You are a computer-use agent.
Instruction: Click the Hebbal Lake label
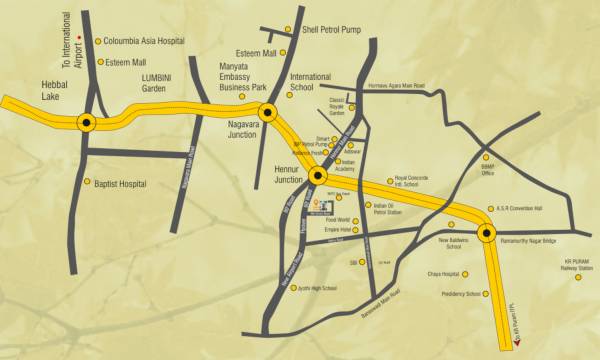pyautogui.click(x=54, y=91)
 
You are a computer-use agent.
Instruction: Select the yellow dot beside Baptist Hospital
pyautogui.click(x=87, y=182)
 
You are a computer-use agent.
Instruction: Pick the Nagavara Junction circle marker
pyautogui.click(x=267, y=112)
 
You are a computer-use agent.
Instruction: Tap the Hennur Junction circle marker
pyautogui.click(x=318, y=176)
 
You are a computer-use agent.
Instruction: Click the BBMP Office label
pyautogui.click(x=487, y=170)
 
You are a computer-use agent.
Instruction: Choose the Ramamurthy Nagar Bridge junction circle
pyautogui.click(x=487, y=234)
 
